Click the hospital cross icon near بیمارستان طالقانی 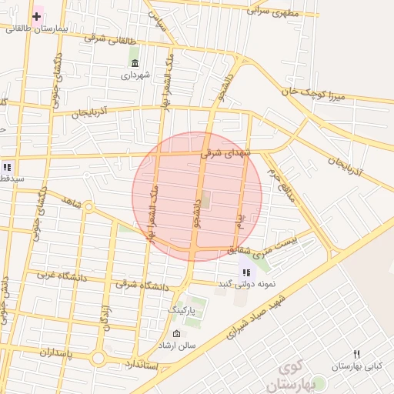pos(36,15)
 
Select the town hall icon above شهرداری pos(135,63)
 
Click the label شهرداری pos(136,75)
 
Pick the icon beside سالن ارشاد pos(178,334)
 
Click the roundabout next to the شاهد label pos(88,207)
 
